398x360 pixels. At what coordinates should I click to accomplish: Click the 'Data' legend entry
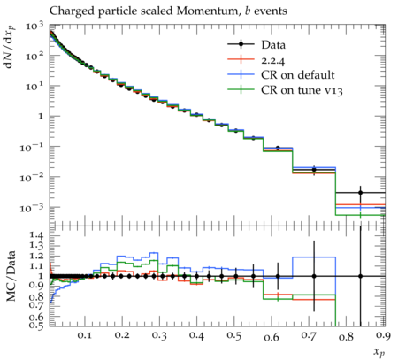click(x=273, y=45)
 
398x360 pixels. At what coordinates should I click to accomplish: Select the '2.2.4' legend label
click(x=272, y=60)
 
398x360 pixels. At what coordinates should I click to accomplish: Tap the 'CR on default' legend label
click(x=298, y=75)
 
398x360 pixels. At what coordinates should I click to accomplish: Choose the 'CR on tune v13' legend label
click(x=302, y=90)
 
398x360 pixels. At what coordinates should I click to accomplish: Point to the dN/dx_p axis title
click(x=10, y=47)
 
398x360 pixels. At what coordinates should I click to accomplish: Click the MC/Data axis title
click(x=11, y=276)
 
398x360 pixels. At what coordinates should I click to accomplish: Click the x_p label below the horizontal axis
click(x=379, y=351)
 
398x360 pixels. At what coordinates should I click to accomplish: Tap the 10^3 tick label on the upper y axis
click(x=34, y=27)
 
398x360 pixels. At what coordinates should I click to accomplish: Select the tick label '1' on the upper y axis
click(x=41, y=117)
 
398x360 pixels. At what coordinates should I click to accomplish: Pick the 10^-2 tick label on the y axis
click(x=32, y=178)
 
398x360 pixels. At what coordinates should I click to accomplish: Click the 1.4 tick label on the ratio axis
click(x=36, y=235)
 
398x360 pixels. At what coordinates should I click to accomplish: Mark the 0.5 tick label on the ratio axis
click(x=36, y=326)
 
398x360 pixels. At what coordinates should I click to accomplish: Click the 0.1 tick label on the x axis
click(x=84, y=336)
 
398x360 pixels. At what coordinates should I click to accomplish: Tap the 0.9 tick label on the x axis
click(x=384, y=336)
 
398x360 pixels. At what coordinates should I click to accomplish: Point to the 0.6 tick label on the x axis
click(x=272, y=336)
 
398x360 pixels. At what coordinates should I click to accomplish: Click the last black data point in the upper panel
click(x=360, y=193)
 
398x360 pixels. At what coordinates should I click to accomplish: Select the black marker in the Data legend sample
click(x=241, y=44)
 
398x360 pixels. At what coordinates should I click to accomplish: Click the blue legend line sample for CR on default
click(x=241, y=75)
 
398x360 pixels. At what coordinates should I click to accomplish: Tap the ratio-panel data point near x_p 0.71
click(x=314, y=276)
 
